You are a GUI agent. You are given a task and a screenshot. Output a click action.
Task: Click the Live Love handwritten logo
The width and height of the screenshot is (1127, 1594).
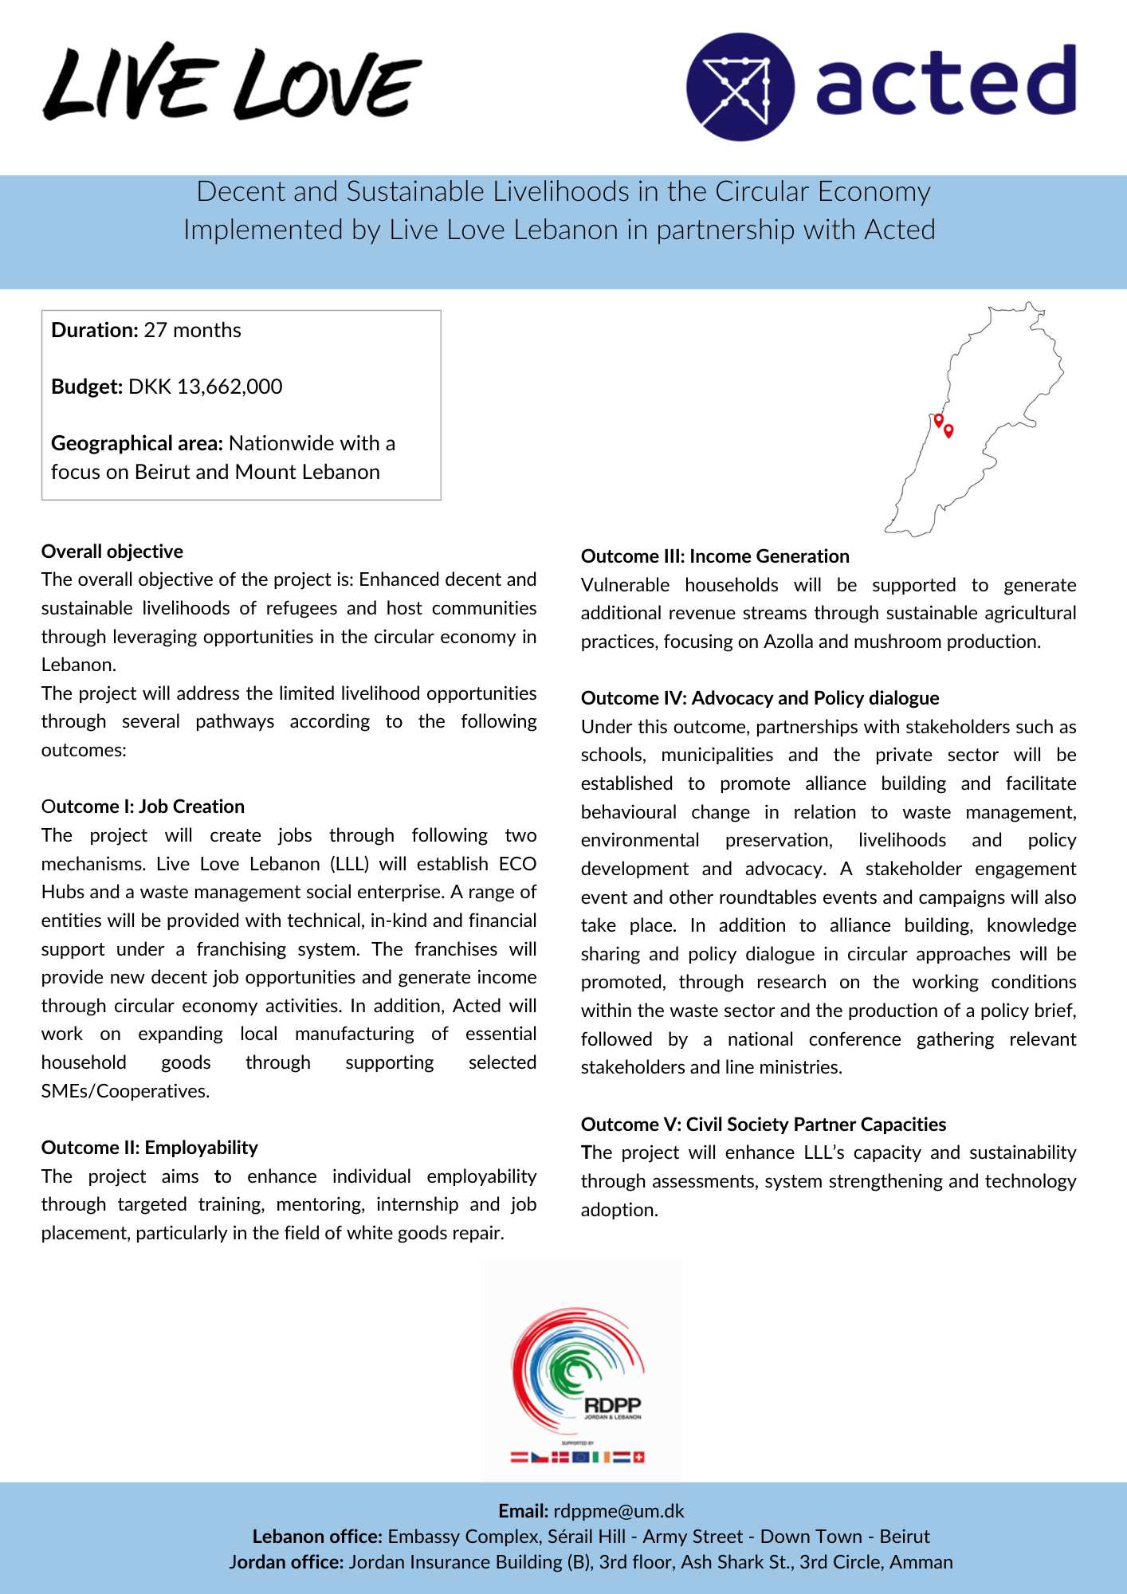coord(231,83)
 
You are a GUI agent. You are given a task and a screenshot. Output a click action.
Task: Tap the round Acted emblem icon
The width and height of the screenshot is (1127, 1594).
coord(740,87)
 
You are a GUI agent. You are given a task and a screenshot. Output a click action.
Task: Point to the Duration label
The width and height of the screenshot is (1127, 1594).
coord(95,330)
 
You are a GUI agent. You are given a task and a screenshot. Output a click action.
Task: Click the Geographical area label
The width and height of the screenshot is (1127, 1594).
coord(137,443)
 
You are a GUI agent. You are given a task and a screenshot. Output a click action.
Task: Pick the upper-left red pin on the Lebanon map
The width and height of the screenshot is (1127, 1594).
coord(938,419)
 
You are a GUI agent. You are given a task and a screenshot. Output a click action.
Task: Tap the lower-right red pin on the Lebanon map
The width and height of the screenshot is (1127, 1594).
coord(948,430)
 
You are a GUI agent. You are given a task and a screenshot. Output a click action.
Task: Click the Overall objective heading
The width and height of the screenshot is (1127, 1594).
coord(112,552)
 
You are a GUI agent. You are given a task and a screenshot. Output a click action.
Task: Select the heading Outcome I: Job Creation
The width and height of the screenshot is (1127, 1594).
coord(143,807)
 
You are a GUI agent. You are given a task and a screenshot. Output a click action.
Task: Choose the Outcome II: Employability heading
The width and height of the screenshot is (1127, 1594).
coord(150,1148)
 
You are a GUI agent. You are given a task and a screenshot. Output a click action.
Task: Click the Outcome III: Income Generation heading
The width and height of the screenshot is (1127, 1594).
coord(715,556)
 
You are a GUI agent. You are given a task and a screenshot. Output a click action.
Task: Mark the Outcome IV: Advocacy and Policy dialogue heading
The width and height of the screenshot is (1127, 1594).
coord(760,698)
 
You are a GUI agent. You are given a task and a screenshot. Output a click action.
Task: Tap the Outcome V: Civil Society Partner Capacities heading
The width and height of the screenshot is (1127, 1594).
coord(764,1125)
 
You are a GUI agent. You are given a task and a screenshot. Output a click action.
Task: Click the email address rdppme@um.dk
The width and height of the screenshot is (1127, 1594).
coord(618,1511)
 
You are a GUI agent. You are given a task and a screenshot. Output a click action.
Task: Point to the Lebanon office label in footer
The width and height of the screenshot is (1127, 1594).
coord(317,1537)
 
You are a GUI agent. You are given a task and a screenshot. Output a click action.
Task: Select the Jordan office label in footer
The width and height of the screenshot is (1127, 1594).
coord(286,1562)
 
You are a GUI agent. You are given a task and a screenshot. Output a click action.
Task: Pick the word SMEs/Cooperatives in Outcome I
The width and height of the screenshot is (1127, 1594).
coord(124,1091)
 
